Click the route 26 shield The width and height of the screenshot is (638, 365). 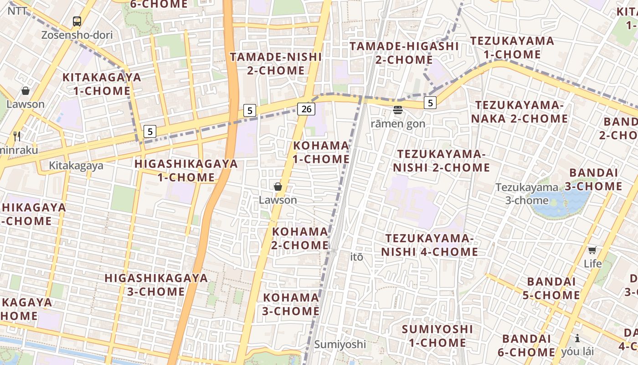click(307, 109)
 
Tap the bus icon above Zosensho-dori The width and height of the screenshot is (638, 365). click(77, 21)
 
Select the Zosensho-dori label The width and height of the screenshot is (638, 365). click(77, 35)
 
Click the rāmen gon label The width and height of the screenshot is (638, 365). click(398, 124)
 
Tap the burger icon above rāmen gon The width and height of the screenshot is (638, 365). click(398, 109)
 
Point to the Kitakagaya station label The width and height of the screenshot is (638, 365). click(76, 166)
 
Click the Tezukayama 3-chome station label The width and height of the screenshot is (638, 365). click(527, 193)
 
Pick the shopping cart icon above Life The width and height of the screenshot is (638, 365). click(592, 250)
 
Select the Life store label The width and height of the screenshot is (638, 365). click(592, 264)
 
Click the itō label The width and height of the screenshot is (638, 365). click(357, 257)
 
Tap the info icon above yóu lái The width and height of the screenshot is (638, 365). click(577, 338)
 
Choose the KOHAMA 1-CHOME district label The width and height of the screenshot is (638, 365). click(321, 152)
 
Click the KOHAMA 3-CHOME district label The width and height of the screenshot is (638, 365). click(291, 304)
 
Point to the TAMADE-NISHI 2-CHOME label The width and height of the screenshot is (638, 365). click(276, 64)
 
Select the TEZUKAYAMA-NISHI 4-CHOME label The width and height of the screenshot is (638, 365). click(430, 245)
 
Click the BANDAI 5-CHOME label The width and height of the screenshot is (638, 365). click(551, 288)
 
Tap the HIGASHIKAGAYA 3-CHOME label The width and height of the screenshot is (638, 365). click(156, 285)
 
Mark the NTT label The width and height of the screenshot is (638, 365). click(17, 10)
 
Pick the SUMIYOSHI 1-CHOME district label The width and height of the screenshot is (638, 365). click(437, 336)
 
